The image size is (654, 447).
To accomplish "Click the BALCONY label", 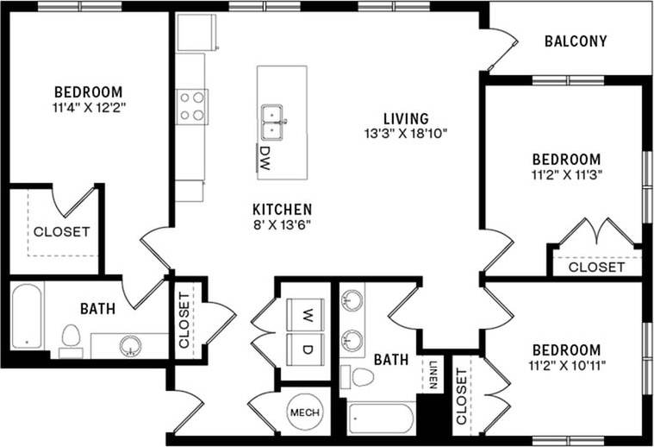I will point(576,41).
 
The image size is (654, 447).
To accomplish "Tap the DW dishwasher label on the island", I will point(265,156).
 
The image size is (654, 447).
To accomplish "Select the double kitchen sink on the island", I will point(273,122).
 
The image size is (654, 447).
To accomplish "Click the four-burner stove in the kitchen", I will point(191,105).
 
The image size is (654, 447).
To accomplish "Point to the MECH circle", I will point(303,412).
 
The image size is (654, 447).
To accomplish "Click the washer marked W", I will point(306,314).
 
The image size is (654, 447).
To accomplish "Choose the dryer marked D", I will point(306,349).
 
